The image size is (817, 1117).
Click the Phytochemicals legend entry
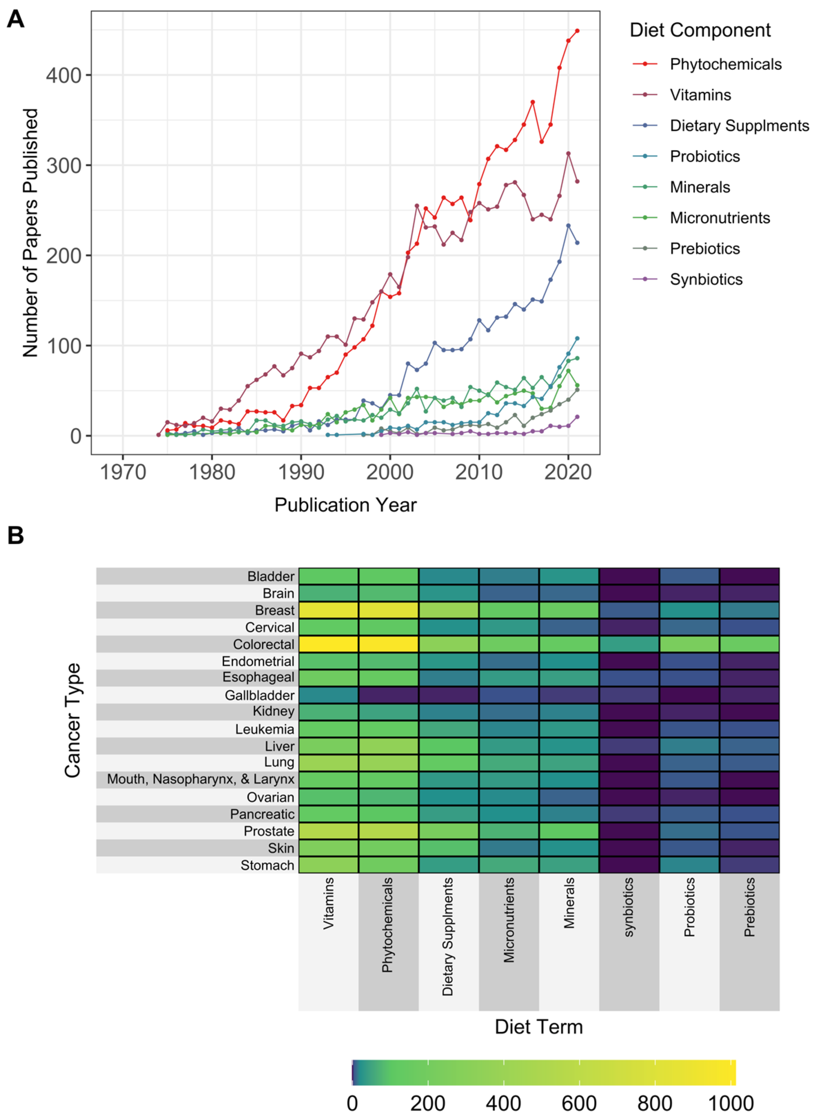[x=725, y=64]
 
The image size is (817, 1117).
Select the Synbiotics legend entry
[x=706, y=280]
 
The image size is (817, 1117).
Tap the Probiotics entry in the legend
[x=704, y=156]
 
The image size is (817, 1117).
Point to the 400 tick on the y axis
[x=63, y=75]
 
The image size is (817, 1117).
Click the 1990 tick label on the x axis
[x=301, y=472]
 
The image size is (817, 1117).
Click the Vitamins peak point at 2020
[x=568, y=153]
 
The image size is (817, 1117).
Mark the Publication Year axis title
[x=345, y=505]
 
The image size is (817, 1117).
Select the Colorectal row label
[x=264, y=644]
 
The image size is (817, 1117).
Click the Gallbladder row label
[x=259, y=695]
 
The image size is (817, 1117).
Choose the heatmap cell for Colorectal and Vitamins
[x=328, y=644]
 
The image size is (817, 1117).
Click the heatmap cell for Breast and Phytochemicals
[x=388, y=610]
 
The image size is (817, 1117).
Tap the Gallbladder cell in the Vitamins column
[x=328, y=695]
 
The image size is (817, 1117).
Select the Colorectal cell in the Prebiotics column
[x=749, y=644]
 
